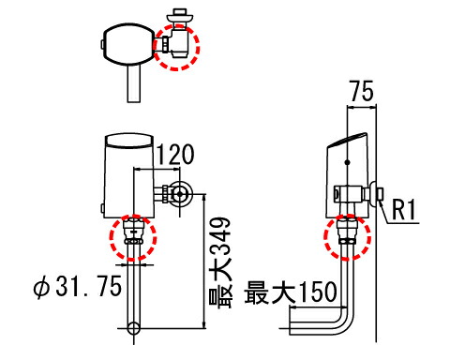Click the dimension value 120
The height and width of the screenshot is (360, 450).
pyautogui.click(x=174, y=155)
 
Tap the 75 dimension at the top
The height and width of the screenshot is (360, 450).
pyautogui.click(x=362, y=91)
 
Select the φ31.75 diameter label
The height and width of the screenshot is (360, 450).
pyautogui.click(x=78, y=286)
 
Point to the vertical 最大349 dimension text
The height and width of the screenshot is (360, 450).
pyautogui.click(x=220, y=262)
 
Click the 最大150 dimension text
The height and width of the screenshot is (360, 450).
pyautogui.click(x=291, y=292)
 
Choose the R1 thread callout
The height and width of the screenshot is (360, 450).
pyautogui.click(x=404, y=210)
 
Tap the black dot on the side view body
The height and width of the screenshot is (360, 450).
pyautogui.click(x=347, y=162)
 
